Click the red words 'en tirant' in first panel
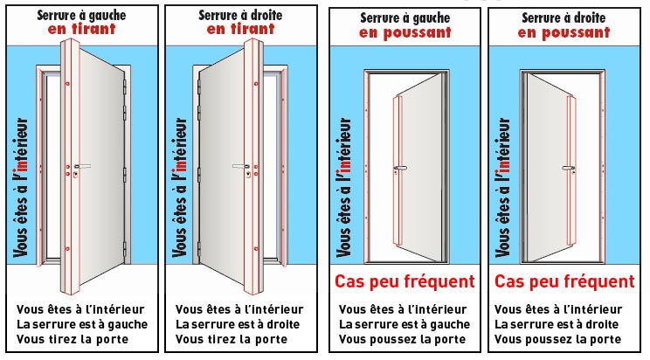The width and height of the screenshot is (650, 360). tap(81, 29)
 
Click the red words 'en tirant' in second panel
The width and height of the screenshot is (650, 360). tap(241, 29)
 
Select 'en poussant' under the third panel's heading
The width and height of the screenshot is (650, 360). tap(405, 32)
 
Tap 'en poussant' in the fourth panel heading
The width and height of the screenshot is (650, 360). tap(564, 32)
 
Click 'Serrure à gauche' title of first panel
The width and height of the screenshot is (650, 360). tap(81, 14)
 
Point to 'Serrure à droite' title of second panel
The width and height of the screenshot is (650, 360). tap(241, 14)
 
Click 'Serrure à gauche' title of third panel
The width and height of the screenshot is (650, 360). tap(405, 17)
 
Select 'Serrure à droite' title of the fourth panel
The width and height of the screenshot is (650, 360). tap(564, 17)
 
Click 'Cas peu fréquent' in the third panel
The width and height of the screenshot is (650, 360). tap(405, 282)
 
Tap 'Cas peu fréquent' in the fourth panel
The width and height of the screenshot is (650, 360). tap(564, 282)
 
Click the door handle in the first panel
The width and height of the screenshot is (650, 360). tap(81, 166)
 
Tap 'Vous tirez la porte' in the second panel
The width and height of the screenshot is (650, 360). tap(232, 339)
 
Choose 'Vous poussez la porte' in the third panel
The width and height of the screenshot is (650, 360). tap(402, 339)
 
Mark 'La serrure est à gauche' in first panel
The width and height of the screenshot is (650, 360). tap(82, 324)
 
